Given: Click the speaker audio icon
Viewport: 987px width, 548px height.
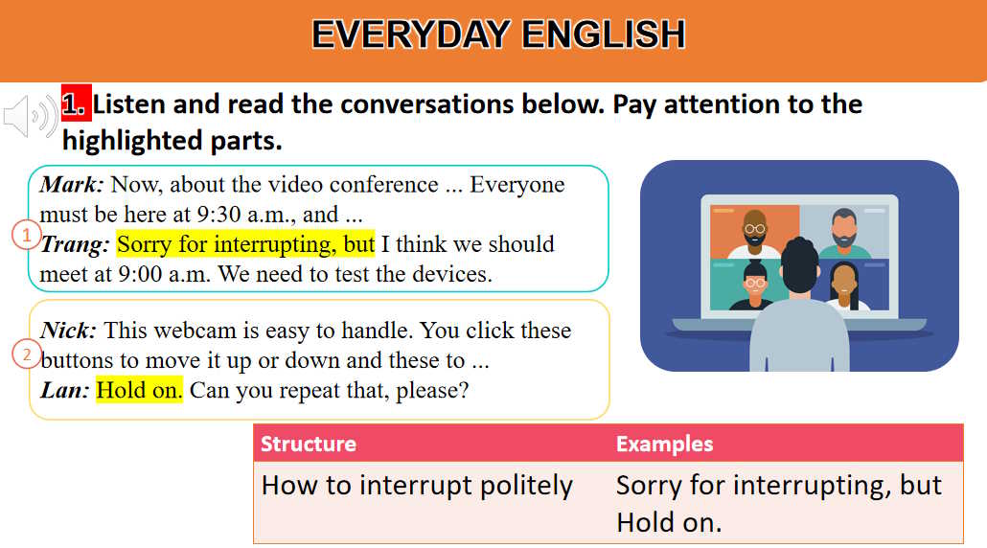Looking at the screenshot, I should click(30, 117).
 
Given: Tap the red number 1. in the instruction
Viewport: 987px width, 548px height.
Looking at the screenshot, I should click(75, 103).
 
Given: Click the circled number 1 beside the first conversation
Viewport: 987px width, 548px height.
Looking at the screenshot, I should click(27, 234).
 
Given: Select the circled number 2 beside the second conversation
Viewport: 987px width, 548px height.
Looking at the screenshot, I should click(27, 354).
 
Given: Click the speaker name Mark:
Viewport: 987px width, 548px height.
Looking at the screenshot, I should click(72, 184).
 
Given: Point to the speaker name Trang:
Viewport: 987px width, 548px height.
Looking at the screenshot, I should click(75, 244).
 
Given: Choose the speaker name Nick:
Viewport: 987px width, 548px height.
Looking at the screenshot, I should click(68, 331).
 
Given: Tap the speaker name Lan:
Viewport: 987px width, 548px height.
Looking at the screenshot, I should click(64, 391).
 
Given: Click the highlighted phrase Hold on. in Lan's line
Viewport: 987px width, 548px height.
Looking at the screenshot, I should click(139, 391).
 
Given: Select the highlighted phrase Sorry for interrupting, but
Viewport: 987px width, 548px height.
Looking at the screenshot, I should click(245, 244).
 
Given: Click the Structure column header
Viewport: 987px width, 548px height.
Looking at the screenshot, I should click(308, 444).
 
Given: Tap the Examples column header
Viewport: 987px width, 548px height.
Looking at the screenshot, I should click(664, 444).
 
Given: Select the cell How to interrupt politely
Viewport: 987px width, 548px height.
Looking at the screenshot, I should click(417, 485).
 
